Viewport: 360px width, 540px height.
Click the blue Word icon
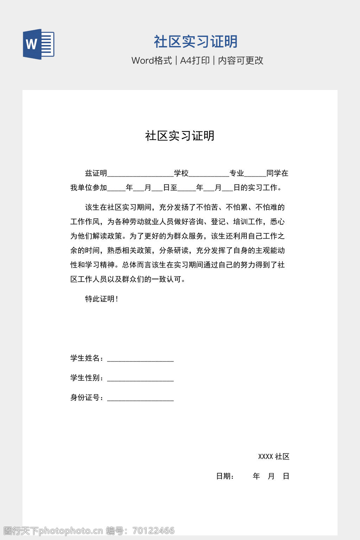click(x=39, y=44)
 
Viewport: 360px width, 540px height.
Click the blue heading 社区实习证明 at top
click(x=196, y=41)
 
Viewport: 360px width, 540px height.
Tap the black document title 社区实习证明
click(x=180, y=136)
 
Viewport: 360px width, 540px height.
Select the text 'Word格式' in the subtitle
click(x=152, y=60)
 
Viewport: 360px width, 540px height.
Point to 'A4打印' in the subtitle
click(x=195, y=60)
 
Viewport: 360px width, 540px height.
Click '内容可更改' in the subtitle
click(x=241, y=60)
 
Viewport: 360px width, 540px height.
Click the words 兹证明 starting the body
click(x=96, y=173)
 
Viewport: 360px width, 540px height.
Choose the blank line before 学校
click(x=140, y=174)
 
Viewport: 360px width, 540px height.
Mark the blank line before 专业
click(x=209, y=174)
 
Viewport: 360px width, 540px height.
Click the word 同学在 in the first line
click(x=277, y=173)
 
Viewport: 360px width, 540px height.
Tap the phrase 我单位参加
click(x=89, y=187)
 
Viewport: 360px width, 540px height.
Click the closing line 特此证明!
click(x=102, y=299)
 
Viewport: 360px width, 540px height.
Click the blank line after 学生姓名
click(x=140, y=359)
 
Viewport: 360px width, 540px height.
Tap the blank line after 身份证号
click(x=140, y=399)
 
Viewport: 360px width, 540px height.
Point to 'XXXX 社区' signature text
click(x=274, y=456)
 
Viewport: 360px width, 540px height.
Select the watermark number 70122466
click(x=154, y=531)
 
